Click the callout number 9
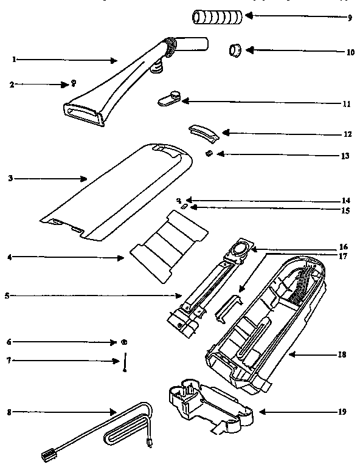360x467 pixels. pos(350,18)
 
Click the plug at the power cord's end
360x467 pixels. pos(46,453)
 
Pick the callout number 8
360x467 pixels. pos(9,412)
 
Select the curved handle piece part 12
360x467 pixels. pos(202,130)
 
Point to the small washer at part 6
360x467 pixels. pos(124,342)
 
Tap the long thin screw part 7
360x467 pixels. pos(124,362)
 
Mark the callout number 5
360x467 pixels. pos(6,296)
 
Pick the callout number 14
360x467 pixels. pos(345,200)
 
